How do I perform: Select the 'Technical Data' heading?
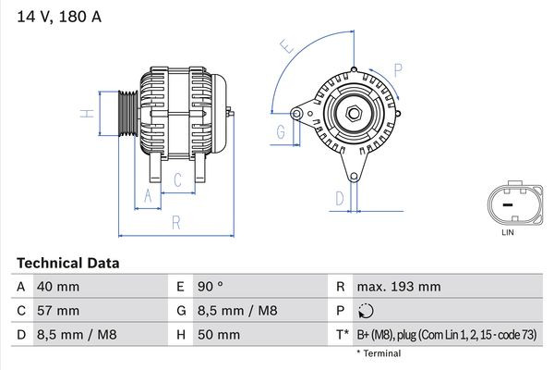(67, 263)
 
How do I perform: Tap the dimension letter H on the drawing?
(85, 114)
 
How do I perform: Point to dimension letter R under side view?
(175, 222)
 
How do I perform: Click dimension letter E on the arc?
(286, 45)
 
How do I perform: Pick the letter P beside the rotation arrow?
(397, 69)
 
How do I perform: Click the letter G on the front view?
(280, 131)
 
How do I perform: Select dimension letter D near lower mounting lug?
(339, 197)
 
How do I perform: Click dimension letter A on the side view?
(146, 194)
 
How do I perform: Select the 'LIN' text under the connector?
(507, 233)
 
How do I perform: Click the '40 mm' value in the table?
(58, 287)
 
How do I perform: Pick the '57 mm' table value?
(58, 310)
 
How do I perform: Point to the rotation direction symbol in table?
(367, 311)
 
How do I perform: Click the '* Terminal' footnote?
(379, 352)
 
